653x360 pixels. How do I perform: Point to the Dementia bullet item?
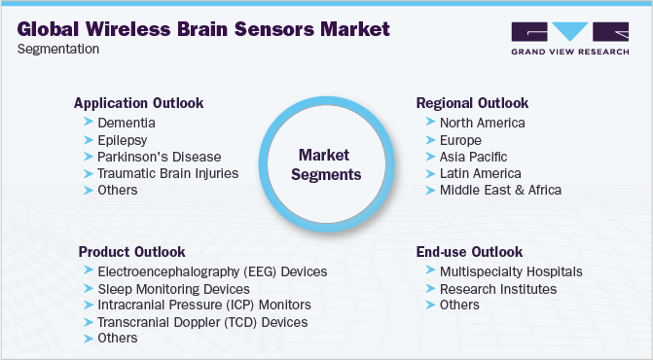[127, 123]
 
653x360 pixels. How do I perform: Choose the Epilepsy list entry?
[124, 139]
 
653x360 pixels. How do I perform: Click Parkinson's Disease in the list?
[160, 156]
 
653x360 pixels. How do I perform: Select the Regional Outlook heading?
[472, 102]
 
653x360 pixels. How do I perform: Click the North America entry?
[482, 123]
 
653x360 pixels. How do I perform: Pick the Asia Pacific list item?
[473, 156]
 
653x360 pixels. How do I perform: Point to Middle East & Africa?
[500, 189]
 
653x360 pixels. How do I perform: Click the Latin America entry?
[480, 172]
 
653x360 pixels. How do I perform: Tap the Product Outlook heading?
[131, 251]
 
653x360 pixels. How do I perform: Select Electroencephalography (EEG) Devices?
[212, 271]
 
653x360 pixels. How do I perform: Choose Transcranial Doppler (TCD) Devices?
[202, 321]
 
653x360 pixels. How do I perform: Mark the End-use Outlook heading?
[469, 251]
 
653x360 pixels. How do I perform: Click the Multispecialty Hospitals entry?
[510, 271]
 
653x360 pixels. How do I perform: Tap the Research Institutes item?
[498, 288]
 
